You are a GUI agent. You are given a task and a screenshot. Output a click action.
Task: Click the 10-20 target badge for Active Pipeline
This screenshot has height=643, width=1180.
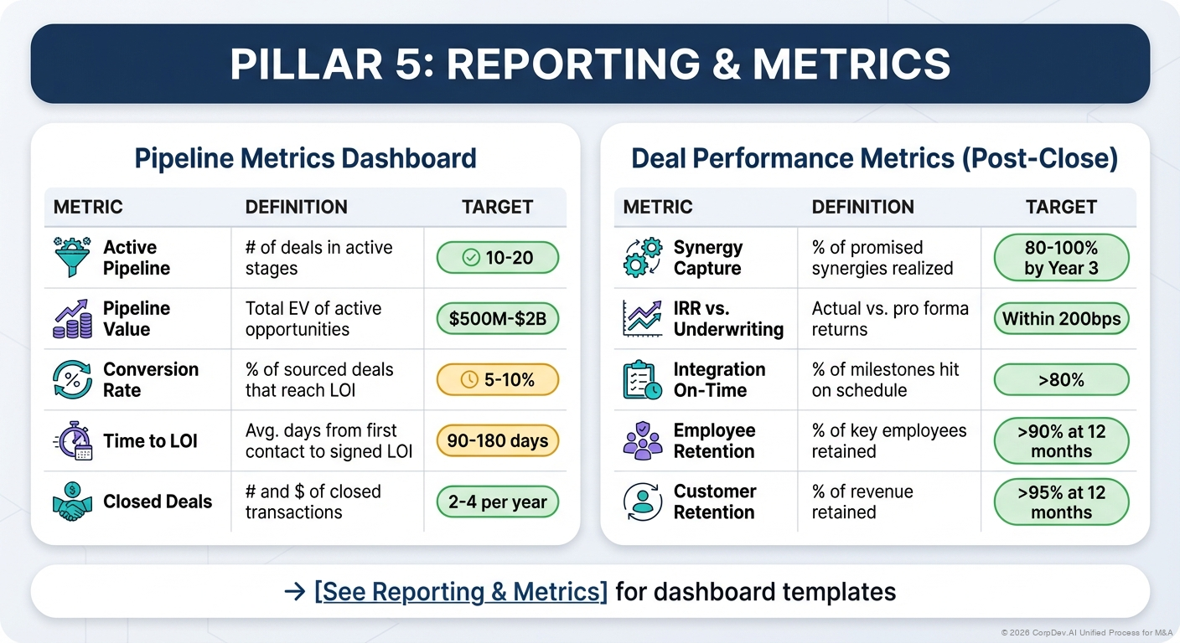pos(497,258)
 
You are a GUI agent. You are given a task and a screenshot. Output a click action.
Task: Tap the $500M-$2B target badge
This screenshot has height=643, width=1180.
pos(497,319)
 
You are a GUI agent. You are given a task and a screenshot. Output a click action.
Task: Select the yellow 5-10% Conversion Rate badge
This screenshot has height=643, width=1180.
pos(497,380)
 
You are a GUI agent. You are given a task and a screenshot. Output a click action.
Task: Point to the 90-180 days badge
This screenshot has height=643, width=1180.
pos(497,440)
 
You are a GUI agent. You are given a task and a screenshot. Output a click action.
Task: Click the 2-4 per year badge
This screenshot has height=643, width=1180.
pos(497,502)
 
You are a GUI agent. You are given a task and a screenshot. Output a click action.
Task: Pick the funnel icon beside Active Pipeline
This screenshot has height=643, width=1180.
pos(72,258)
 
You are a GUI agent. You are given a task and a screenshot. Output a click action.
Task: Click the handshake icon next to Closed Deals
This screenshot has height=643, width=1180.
pos(72,502)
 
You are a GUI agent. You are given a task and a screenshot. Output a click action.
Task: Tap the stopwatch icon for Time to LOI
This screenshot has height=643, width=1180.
pos(72,441)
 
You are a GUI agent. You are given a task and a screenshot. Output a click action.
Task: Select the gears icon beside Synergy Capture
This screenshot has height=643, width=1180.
pos(643,258)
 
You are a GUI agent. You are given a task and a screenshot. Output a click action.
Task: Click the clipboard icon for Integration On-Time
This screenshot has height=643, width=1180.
pos(643,380)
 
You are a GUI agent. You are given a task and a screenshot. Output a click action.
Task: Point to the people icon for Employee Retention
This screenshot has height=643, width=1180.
pos(643,441)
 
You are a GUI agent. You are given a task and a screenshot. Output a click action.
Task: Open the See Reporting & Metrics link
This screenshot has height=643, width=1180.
pos(461,592)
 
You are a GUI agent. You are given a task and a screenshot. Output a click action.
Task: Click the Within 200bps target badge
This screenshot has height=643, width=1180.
pos(1061,319)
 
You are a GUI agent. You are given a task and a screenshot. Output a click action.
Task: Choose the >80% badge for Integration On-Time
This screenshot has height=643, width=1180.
pos(1061,380)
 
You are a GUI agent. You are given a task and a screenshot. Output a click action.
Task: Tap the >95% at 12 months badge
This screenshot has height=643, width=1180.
pos(1061,502)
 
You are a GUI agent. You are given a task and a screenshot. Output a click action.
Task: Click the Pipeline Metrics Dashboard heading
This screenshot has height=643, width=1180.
pos(305,158)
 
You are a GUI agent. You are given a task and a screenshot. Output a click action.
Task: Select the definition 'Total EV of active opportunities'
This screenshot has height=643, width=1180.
pos(313,319)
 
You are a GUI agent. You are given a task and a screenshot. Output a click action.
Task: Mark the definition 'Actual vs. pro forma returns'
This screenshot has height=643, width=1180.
pos(890,319)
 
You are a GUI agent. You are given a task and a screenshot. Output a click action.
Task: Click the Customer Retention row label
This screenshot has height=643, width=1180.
pos(715,502)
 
